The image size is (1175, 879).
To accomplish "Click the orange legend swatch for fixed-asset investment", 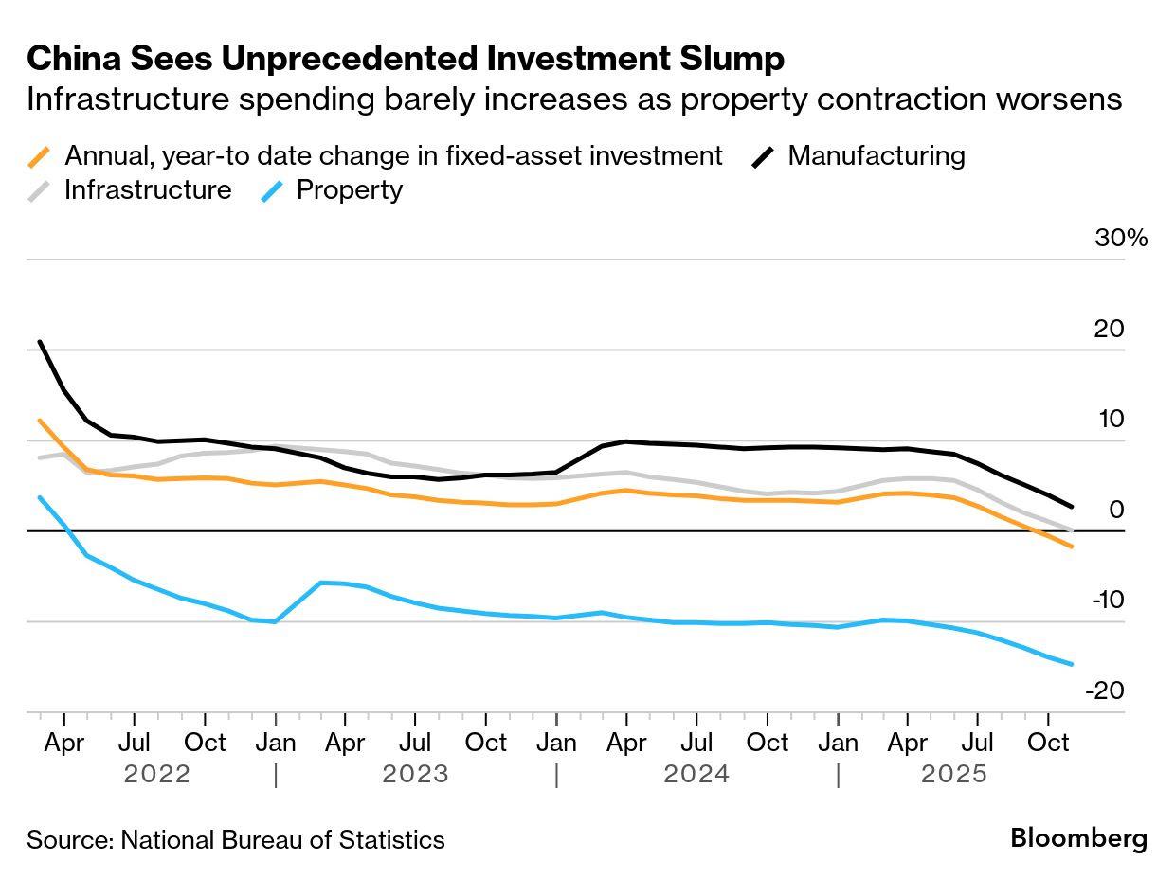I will coord(40,156).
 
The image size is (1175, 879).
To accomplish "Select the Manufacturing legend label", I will coord(876,155).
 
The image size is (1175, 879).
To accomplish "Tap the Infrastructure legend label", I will coord(147,189).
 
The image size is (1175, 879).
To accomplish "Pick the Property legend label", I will coord(349,189).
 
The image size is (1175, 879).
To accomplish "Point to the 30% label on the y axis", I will coord(1120,238).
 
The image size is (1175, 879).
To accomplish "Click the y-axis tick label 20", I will coord(1108,329).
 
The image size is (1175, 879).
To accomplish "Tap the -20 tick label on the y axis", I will coord(1105,691).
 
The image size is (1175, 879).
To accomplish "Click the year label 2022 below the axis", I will coord(156,774).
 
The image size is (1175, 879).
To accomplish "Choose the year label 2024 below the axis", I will coord(696,774).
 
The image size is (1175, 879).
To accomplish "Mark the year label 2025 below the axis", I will coord(954,774).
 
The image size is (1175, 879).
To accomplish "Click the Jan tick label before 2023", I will coord(275,742).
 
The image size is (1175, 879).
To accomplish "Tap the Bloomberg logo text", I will coord(1078,838).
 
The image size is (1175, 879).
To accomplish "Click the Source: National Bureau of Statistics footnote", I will coord(235,839).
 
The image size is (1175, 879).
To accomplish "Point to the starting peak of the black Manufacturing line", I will coord(40,342).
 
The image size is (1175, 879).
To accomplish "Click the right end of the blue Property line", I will coord(1072,664).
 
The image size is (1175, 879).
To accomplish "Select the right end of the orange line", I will coord(1072,547).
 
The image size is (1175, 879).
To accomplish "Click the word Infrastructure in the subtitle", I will coord(127,99).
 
